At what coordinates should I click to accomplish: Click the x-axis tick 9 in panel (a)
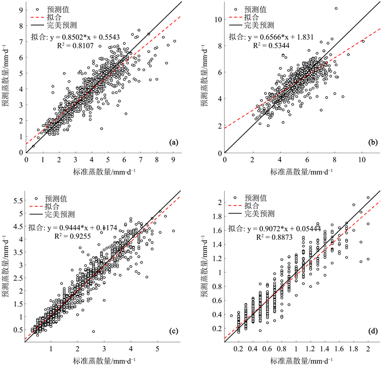click(174, 159)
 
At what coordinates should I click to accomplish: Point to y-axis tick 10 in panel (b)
click(217, 19)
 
